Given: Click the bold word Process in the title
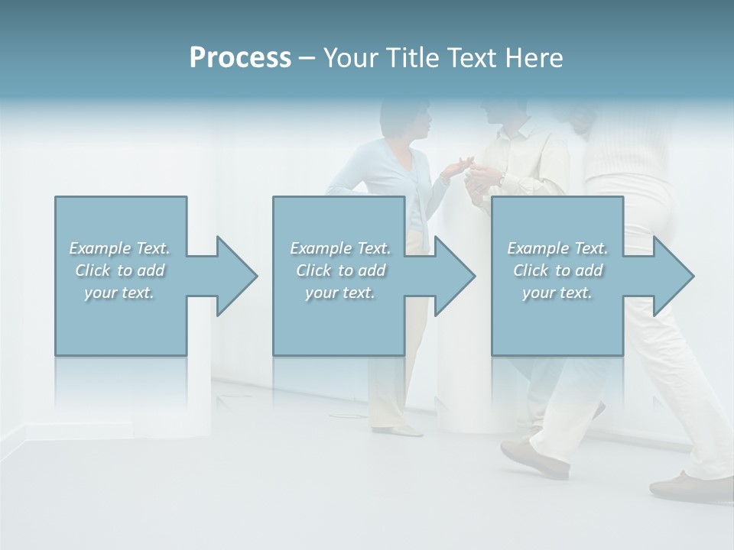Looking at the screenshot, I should pyautogui.click(x=240, y=58).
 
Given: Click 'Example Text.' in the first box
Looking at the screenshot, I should pyautogui.click(x=119, y=248).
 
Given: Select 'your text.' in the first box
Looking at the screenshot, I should pyautogui.click(x=119, y=293).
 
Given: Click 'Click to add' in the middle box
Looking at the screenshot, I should pyautogui.click(x=340, y=270).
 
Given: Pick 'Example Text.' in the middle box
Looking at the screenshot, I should pyautogui.click(x=340, y=248).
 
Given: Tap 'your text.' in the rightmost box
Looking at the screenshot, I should pyautogui.click(x=557, y=293).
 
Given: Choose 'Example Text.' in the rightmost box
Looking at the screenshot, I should pyautogui.click(x=557, y=248).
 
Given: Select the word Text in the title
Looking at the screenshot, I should pyautogui.click(x=473, y=58).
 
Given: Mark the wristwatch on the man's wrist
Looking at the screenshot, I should pyautogui.click(x=501, y=179).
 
